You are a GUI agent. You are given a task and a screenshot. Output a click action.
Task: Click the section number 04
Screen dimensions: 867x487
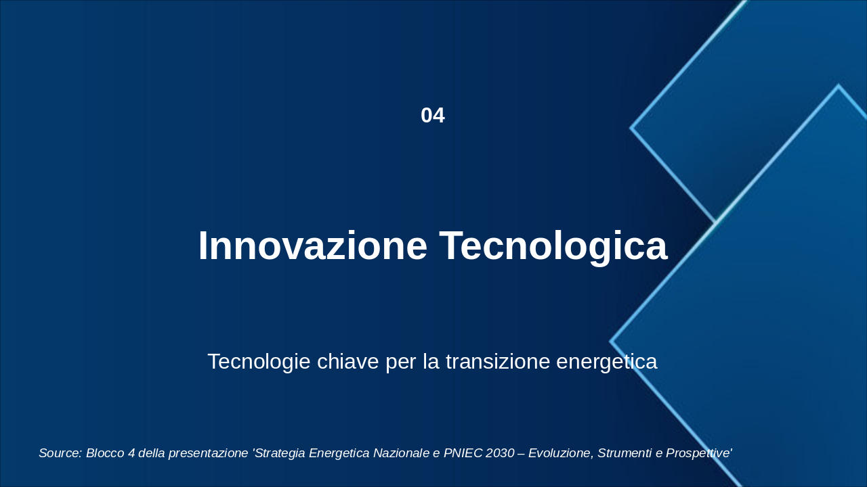click(433, 116)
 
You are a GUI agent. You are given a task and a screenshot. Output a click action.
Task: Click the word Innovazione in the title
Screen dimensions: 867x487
click(313, 246)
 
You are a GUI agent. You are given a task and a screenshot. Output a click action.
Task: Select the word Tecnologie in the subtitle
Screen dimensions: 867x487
click(259, 362)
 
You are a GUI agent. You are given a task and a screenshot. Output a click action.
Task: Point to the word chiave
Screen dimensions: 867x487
click(347, 361)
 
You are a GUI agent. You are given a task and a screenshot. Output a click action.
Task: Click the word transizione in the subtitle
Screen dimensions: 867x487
click(498, 361)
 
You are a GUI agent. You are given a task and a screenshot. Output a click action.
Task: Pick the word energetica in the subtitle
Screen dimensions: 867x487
click(606, 362)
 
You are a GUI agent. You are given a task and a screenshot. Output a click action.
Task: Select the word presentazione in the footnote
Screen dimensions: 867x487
click(208, 453)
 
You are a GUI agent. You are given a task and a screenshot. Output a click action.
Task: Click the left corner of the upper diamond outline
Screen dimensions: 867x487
click(631, 128)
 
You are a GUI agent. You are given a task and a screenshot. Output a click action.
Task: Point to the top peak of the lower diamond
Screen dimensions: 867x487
click(839, 85)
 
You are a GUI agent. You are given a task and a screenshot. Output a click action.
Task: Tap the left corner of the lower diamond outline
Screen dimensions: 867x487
click(611, 342)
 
